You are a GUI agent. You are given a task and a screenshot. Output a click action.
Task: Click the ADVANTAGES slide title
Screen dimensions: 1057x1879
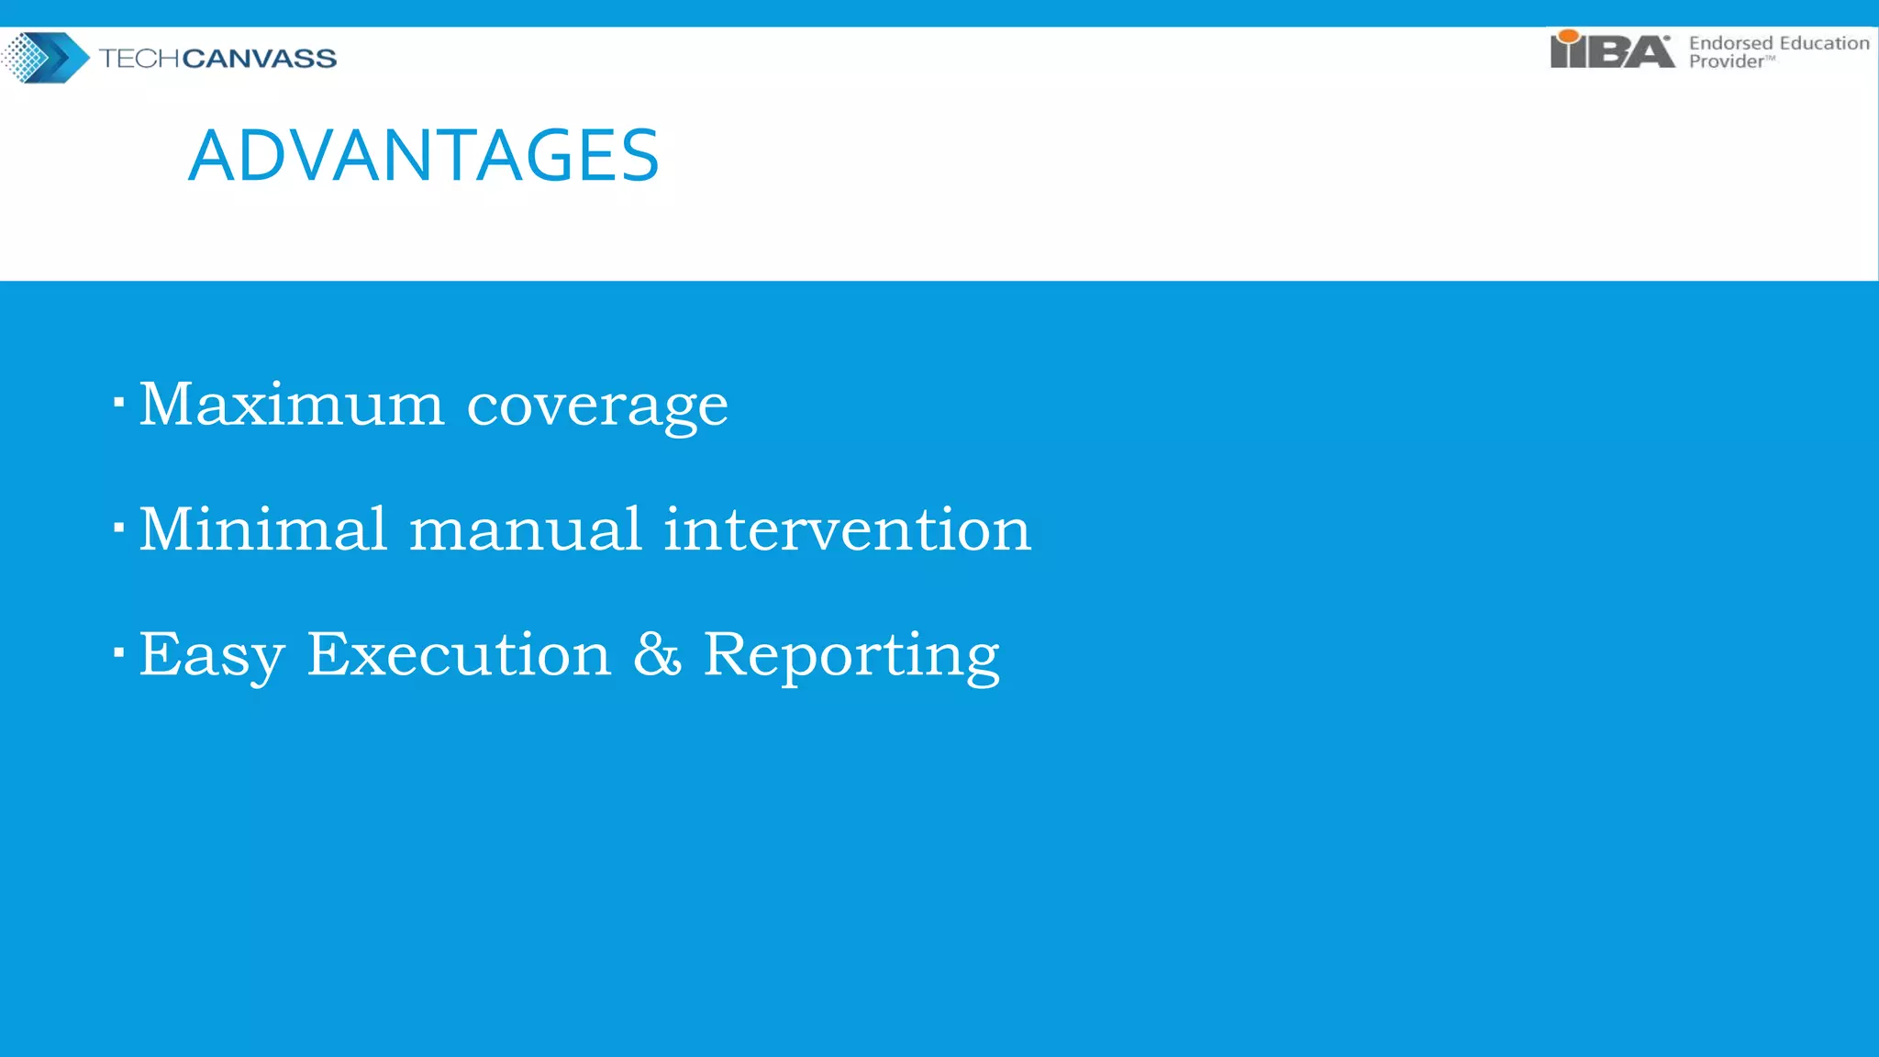click(424, 155)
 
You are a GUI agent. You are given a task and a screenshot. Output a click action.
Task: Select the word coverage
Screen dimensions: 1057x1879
click(597, 406)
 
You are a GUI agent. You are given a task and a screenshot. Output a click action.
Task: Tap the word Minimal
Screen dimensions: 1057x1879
click(263, 529)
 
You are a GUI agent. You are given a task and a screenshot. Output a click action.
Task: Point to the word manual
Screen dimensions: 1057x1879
click(526, 529)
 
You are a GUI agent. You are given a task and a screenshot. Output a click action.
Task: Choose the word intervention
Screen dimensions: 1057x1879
click(847, 529)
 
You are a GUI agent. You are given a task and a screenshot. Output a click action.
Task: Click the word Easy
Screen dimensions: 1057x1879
click(212, 656)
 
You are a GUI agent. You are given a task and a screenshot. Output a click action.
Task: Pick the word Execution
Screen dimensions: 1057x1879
click(459, 654)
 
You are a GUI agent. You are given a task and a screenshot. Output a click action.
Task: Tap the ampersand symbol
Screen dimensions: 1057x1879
click(657, 654)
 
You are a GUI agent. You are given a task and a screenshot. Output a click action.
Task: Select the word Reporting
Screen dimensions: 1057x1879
click(851, 656)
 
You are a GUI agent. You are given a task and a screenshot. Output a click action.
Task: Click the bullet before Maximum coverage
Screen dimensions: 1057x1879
click(118, 402)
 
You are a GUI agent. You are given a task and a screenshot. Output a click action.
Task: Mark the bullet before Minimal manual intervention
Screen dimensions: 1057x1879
click(118, 528)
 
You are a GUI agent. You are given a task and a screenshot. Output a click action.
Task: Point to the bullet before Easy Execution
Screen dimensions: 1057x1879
click(118, 652)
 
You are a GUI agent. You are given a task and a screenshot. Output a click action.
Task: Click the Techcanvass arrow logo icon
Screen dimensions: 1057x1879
click(45, 57)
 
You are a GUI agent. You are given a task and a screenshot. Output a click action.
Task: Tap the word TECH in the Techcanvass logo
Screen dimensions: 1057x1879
click(139, 59)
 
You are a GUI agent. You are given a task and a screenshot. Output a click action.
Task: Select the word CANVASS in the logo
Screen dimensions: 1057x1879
click(260, 59)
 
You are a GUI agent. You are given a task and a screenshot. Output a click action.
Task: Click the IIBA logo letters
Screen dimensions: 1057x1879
click(1612, 51)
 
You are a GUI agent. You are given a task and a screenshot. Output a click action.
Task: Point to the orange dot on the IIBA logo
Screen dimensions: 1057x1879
click(1569, 37)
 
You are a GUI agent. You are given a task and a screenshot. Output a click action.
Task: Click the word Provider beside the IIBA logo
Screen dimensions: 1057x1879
click(1726, 61)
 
